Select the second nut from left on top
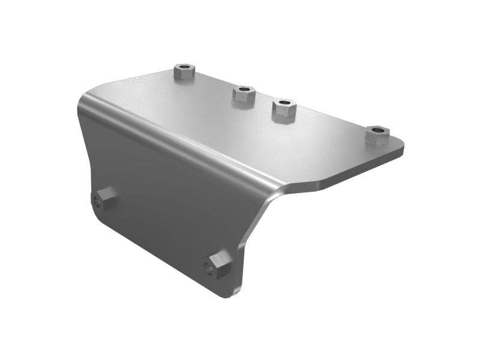pyautogui.click(x=244, y=94)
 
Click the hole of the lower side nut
pyautogui.click(x=209, y=268)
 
